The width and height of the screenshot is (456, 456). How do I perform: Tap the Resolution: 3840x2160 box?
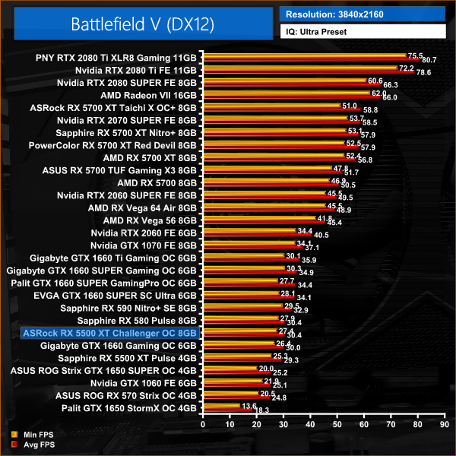[x=363, y=14]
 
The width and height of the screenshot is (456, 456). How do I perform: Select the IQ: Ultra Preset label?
[x=363, y=33]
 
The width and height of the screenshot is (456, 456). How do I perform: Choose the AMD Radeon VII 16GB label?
[x=148, y=95]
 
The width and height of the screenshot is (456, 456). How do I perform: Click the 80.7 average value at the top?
[x=429, y=60]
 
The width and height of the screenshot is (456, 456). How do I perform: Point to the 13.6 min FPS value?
[x=247, y=406]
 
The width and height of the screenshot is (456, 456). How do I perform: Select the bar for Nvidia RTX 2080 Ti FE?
[x=304, y=70]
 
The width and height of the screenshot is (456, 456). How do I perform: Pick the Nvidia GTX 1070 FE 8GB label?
[x=144, y=245]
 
